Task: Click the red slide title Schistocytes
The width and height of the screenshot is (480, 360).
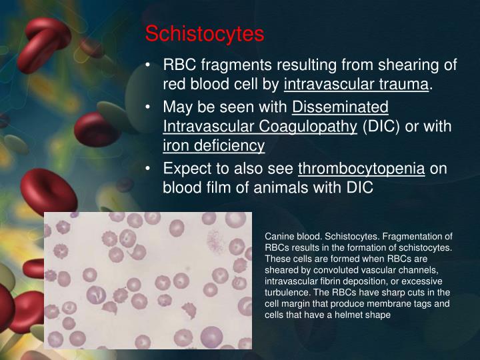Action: [x=205, y=33]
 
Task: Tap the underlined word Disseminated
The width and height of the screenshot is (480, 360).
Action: [x=340, y=107]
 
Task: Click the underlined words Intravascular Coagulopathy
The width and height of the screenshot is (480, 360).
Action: [x=260, y=127]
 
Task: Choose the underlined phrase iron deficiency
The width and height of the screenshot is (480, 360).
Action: [x=213, y=146]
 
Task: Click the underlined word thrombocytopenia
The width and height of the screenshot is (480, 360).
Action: [x=361, y=169]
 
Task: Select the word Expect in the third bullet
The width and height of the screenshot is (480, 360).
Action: [x=186, y=169]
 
